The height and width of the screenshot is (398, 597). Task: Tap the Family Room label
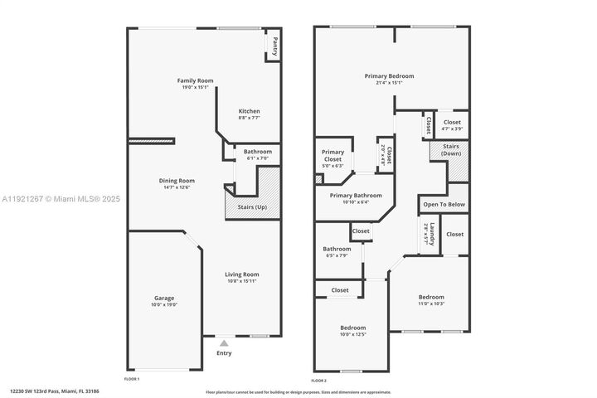point(196,80)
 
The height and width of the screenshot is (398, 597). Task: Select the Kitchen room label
point(250,111)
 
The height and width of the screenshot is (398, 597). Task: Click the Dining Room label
point(177,180)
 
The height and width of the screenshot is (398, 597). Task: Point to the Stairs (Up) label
point(253,206)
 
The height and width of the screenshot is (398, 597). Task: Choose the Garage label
point(164,298)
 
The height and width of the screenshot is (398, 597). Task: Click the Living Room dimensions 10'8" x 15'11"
point(243,281)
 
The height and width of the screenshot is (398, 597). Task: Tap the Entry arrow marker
point(224,341)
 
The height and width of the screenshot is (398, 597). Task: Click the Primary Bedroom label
point(389,76)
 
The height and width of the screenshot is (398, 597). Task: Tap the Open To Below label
point(444,204)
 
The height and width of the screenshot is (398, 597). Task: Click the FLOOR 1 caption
point(132,379)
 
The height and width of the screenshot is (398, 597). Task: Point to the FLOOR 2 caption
point(319,381)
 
